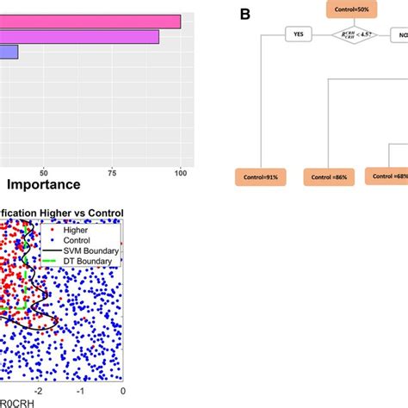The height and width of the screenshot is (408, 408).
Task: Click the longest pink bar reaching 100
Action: click(90, 22)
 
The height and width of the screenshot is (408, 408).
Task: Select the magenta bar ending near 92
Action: click(79, 37)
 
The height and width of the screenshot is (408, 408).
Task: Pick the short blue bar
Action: click(9, 53)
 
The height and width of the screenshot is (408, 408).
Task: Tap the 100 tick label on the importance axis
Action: click(180, 170)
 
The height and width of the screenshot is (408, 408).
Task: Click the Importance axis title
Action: click(44, 185)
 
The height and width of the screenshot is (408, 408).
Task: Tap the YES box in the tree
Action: click(298, 34)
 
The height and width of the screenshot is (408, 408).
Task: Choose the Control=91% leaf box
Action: click(260, 176)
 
